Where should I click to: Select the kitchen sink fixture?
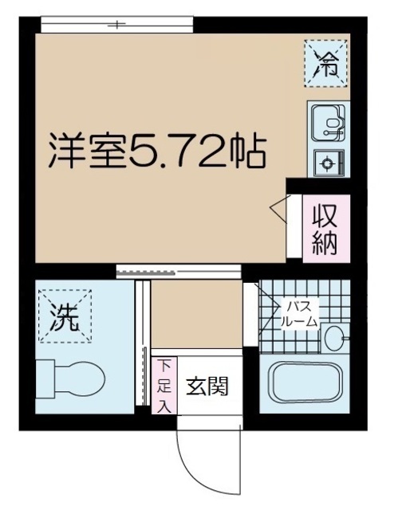pyautogui.click(x=327, y=123)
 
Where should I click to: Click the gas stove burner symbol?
pyautogui.click(x=327, y=165)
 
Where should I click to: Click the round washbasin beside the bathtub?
pyautogui.click(x=334, y=338)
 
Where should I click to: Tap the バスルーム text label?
pyautogui.click(x=298, y=314)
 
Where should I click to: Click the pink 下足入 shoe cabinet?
pyautogui.click(x=163, y=386)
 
